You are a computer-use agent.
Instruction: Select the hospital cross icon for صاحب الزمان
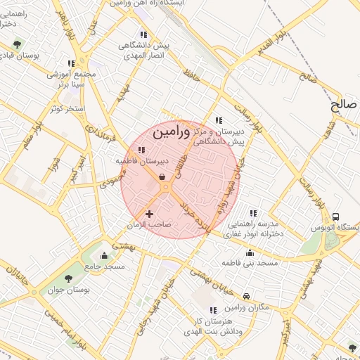point(149,213)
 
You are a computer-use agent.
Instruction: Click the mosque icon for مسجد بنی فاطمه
point(250,252)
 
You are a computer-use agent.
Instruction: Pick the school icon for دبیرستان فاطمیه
point(142,150)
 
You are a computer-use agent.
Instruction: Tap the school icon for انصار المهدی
point(143,34)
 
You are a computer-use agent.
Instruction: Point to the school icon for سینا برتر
point(70,63)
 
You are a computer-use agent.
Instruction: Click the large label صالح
point(344,105)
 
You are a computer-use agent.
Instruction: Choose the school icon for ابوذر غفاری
point(253,213)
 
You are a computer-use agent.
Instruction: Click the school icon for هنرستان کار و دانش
point(213,310)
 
